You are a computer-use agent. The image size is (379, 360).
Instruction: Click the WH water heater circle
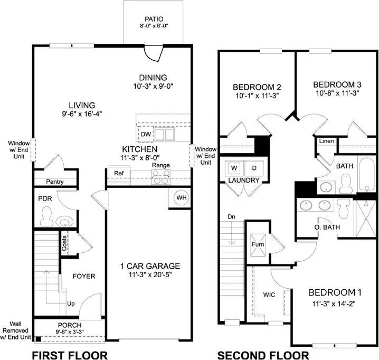182,197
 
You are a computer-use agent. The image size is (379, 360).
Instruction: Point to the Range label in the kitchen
160,165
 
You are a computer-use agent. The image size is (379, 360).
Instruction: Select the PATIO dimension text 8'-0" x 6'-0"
154,25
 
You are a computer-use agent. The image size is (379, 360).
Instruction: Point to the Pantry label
54,182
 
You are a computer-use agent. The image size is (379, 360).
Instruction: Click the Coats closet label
64,244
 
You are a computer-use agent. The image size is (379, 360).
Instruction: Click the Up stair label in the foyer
71,304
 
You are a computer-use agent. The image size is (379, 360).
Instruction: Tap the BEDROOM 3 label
337,84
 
